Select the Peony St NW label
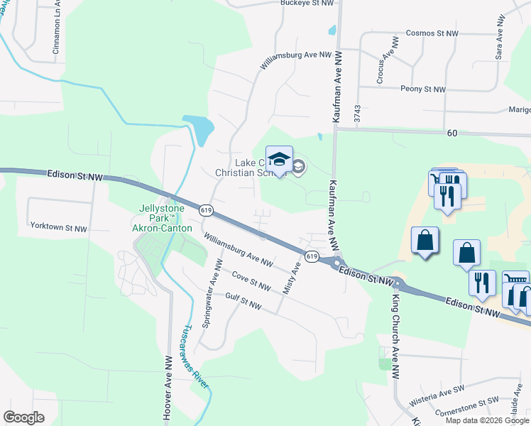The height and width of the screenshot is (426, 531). (423, 89)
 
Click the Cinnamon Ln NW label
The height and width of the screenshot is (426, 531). (57, 32)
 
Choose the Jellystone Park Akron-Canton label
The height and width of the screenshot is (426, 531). (163, 218)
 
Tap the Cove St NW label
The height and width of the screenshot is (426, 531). (251, 282)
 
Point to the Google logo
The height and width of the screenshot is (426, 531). (23, 417)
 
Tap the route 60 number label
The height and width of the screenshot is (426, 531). (452, 133)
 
